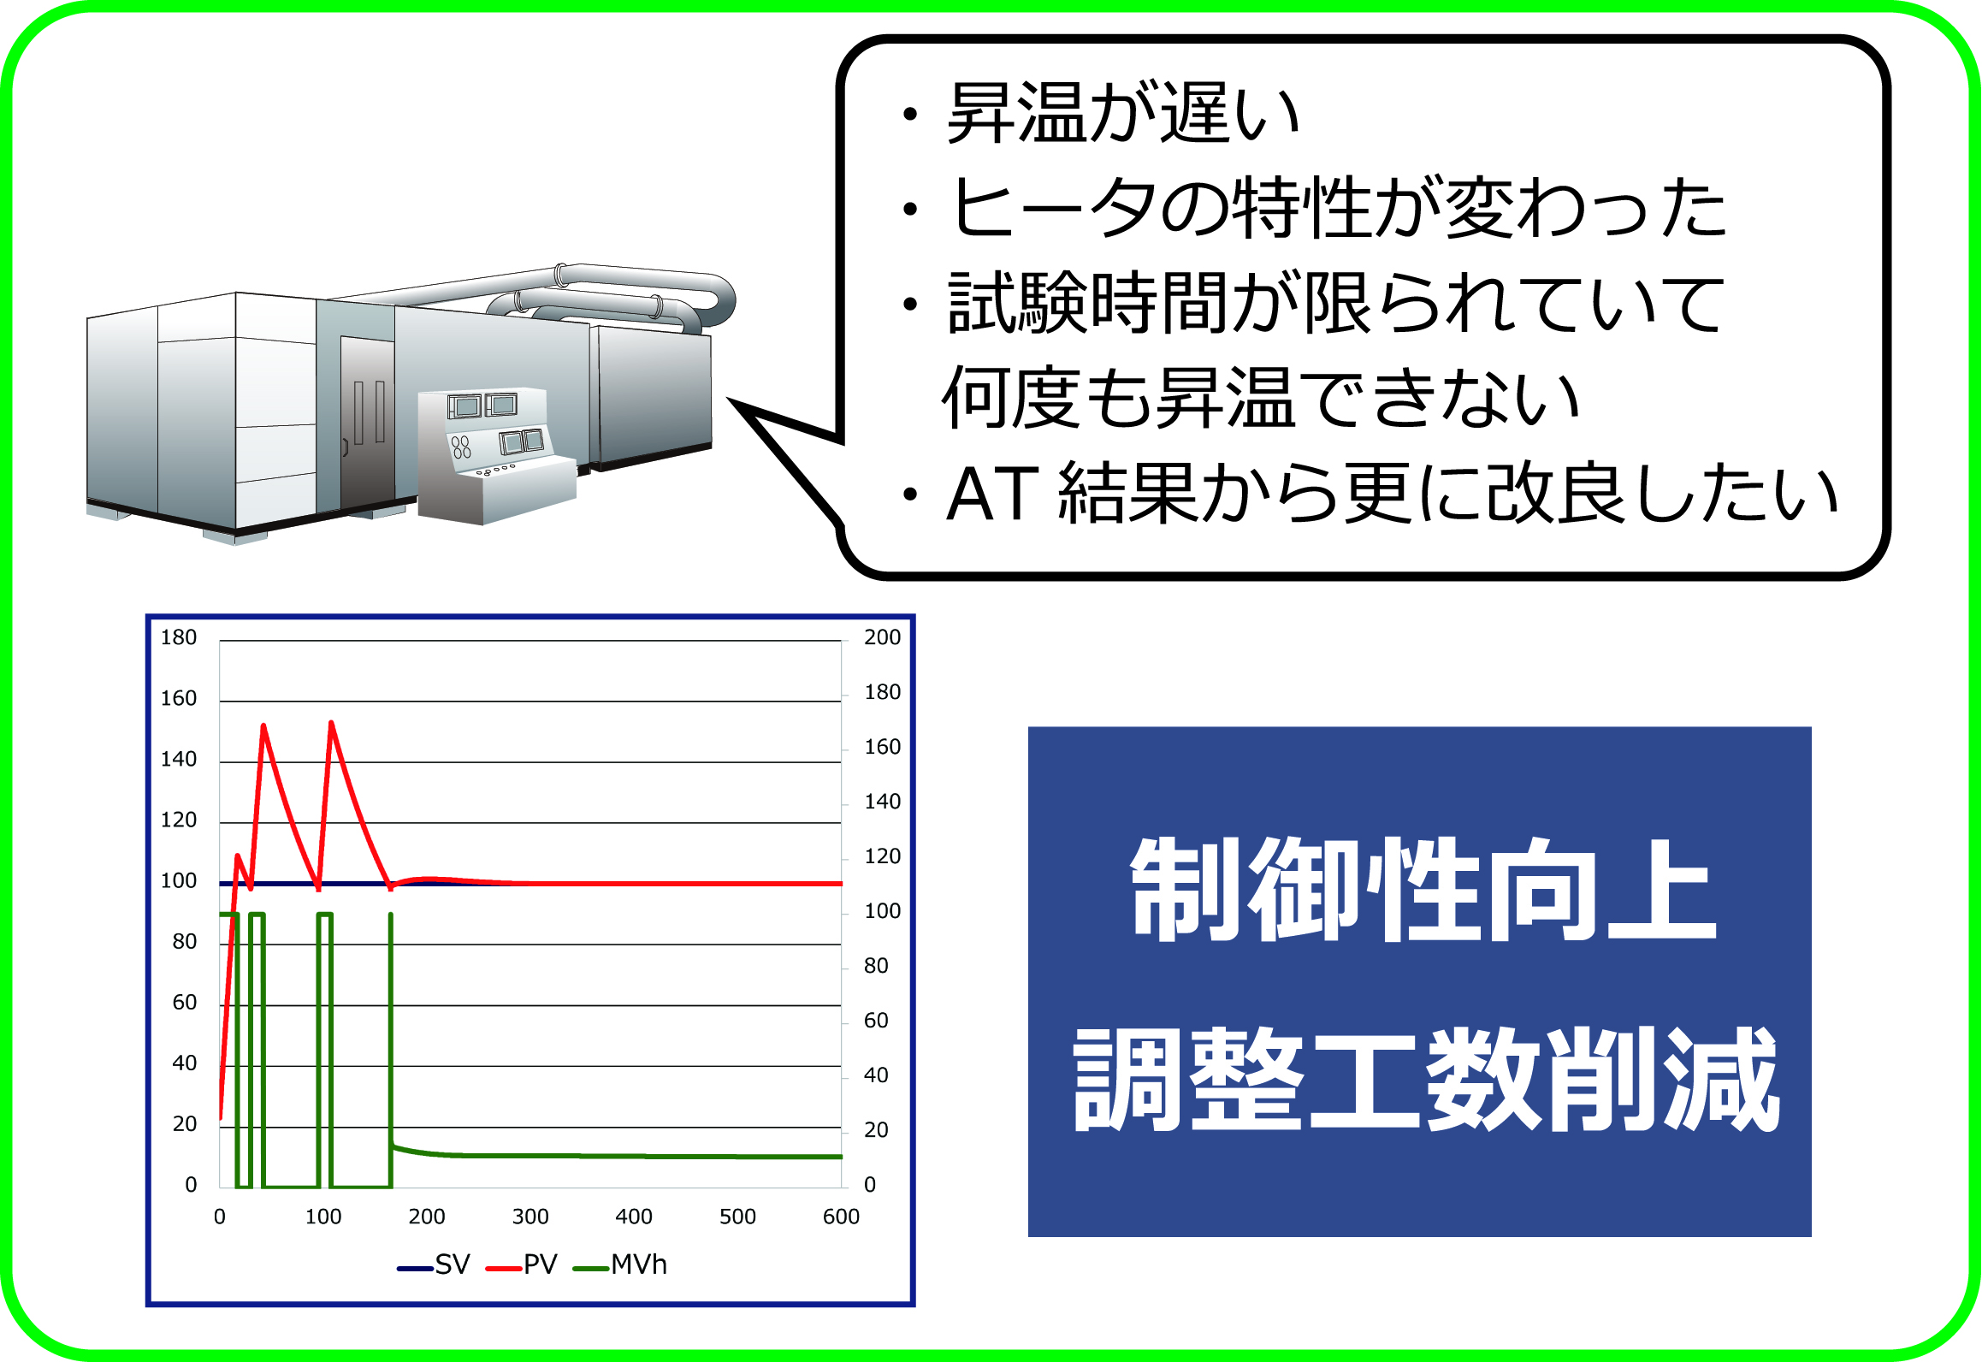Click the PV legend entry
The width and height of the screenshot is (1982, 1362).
pos(521,1264)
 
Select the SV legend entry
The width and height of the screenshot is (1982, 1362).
pos(433,1264)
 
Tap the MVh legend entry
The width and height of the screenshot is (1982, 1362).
pos(619,1264)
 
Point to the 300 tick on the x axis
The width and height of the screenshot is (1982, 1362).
pos(530,1217)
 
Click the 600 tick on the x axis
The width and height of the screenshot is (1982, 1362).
pos(841,1217)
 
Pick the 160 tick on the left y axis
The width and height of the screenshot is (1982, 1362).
pos(179,698)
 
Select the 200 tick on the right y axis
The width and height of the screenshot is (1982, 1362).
pos(882,637)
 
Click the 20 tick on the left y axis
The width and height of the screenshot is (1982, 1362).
pos(185,1124)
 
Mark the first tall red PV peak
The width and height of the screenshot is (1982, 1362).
pos(263,726)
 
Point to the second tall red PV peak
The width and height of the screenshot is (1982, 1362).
pos(331,724)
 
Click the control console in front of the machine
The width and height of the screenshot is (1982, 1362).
pos(496,455)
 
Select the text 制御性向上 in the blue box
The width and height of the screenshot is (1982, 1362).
pos(1423,890)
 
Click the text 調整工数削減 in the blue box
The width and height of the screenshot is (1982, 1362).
pos(1427,1080)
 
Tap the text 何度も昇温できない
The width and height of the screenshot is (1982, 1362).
pos(1260,397)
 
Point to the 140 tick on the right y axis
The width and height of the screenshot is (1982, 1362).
pos(882,802)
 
